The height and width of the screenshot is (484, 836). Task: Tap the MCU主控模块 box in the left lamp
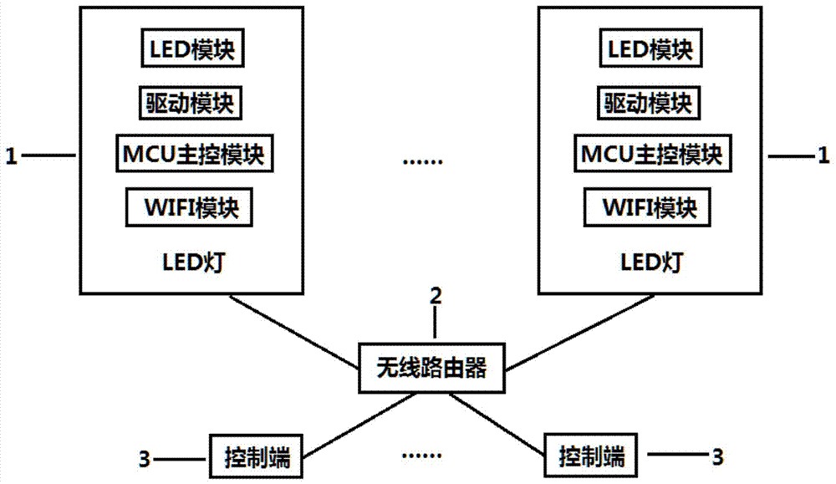[x=194, y=155]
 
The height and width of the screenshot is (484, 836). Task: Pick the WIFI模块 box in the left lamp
[x=189, y=207]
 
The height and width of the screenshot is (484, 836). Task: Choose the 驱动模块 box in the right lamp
[x=650, y=103]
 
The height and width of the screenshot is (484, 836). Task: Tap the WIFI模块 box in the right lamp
[x=650, y=207]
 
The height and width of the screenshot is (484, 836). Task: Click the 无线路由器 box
[x=431, y=367]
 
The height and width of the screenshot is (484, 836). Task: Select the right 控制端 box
[x=590, y=456]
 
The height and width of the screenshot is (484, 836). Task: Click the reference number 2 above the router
[x=435, y=294]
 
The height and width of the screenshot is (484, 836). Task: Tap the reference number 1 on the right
[x=823, y=155]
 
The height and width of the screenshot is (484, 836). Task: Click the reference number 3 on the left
[x=144, y=458]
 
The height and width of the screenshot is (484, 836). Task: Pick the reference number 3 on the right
[x=716, y=456]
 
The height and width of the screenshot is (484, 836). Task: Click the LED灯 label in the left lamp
[x=192, y=263]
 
